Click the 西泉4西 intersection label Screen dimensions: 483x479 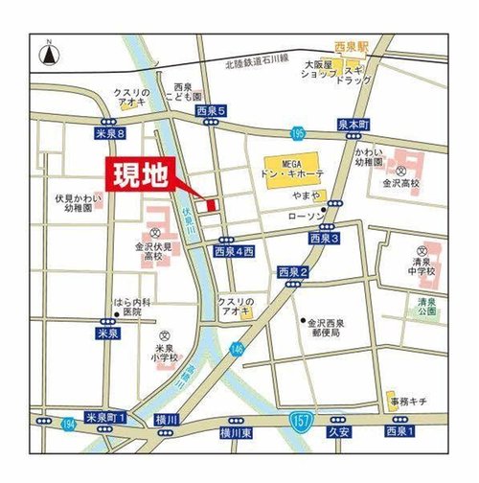pos(235,251)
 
